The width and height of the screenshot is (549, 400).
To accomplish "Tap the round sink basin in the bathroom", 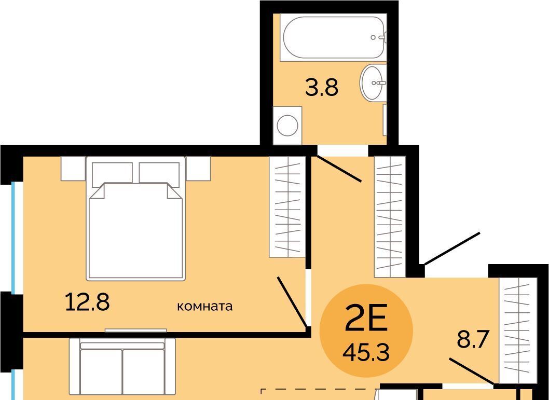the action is (373, 82).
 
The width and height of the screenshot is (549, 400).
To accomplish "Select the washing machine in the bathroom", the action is (287, 126).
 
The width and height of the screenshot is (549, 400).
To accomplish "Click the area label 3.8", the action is (322, 88).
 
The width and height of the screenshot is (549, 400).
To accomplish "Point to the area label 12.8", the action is (88, 302).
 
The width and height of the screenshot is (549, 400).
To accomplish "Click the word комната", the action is (205, 307).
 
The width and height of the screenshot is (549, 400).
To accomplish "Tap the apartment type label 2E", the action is (366, 318).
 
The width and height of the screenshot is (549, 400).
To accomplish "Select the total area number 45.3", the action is (366, 352).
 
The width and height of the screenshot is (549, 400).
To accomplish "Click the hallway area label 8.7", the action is (473, 339).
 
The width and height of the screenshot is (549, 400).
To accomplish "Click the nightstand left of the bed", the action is (74, 169).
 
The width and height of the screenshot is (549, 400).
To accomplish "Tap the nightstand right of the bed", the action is (198, 169).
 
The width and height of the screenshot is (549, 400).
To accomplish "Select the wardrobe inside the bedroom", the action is (287, 207).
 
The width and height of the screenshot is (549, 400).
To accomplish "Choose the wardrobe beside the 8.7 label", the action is (518, 330).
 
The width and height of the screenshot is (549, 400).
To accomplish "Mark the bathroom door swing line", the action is (339, 169).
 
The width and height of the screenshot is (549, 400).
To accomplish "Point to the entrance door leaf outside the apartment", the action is (452, 249).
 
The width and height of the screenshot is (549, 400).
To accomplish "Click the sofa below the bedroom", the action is (122, 369).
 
